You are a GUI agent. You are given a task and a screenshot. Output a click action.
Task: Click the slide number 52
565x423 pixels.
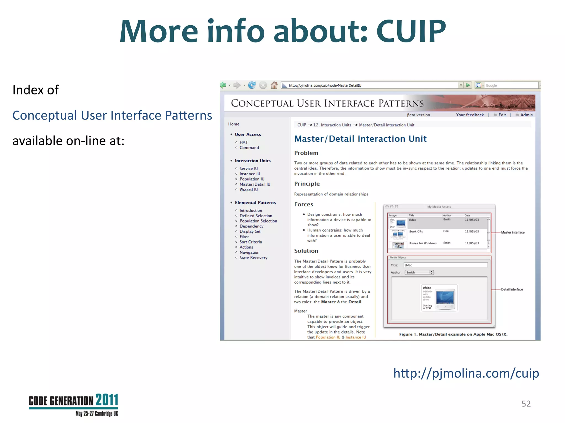[526, 404]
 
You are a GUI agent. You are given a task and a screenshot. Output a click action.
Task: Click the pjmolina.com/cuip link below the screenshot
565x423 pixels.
[466, 373]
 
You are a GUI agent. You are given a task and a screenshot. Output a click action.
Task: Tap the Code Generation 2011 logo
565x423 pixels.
[73, 405]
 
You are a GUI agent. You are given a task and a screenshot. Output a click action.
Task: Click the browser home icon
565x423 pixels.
[274, 85]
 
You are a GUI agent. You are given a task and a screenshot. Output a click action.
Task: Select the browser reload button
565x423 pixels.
[252, 85]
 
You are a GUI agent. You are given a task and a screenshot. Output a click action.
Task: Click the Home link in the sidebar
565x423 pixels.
[234, 124]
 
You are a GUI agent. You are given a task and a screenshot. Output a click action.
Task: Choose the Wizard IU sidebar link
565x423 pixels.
[249, 189]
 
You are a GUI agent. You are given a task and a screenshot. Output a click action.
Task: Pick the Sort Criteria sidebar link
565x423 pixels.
[251, 242]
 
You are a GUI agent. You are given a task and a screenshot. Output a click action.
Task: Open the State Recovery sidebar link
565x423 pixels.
[253, 257]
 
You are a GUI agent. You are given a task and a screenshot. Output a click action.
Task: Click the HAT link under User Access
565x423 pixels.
[244, 142]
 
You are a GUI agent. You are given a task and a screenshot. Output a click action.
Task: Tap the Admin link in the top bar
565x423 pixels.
[526, 115]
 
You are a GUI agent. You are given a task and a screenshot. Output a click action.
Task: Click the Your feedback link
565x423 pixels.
[470, 115]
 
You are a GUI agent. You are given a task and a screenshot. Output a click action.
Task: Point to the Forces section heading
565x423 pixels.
[303, 204]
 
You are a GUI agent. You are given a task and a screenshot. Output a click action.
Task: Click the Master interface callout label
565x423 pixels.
[513, 232]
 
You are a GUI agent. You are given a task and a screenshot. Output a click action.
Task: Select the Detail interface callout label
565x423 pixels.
[512, 289]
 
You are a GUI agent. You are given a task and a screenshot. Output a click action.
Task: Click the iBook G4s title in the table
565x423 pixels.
[415, 232]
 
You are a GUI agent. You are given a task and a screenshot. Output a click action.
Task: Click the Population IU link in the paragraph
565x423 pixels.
[328, 337]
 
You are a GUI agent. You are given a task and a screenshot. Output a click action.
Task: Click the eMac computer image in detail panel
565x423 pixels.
[445, 299]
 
